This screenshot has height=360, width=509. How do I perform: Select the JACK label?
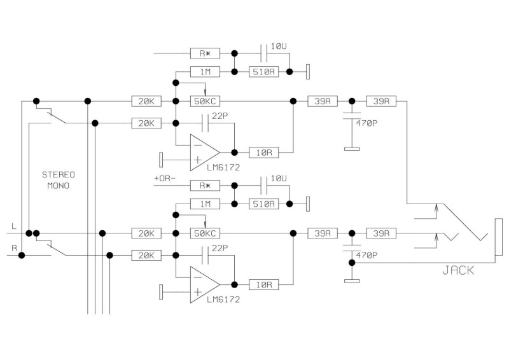click(x=457, y=270)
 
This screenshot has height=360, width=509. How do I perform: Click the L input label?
click(x=14, y=226)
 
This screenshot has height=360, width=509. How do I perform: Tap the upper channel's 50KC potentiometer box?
click(x=205, y=101)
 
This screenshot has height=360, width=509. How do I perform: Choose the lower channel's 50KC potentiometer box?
click(x=205, y=233)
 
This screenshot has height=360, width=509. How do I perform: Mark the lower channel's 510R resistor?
click(x=262, y=204)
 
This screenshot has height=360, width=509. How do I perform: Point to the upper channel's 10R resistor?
click(x=262, y=153)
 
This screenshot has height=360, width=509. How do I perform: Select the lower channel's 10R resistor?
click(x=262, y=285)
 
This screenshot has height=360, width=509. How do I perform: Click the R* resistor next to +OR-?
click(x=205, y=186)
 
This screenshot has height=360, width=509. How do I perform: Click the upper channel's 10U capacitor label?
click(x=279, y=46)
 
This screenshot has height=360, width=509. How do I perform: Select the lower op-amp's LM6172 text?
click(x=222, y=300)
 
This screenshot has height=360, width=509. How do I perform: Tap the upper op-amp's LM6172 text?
click(x=222, y=167)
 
